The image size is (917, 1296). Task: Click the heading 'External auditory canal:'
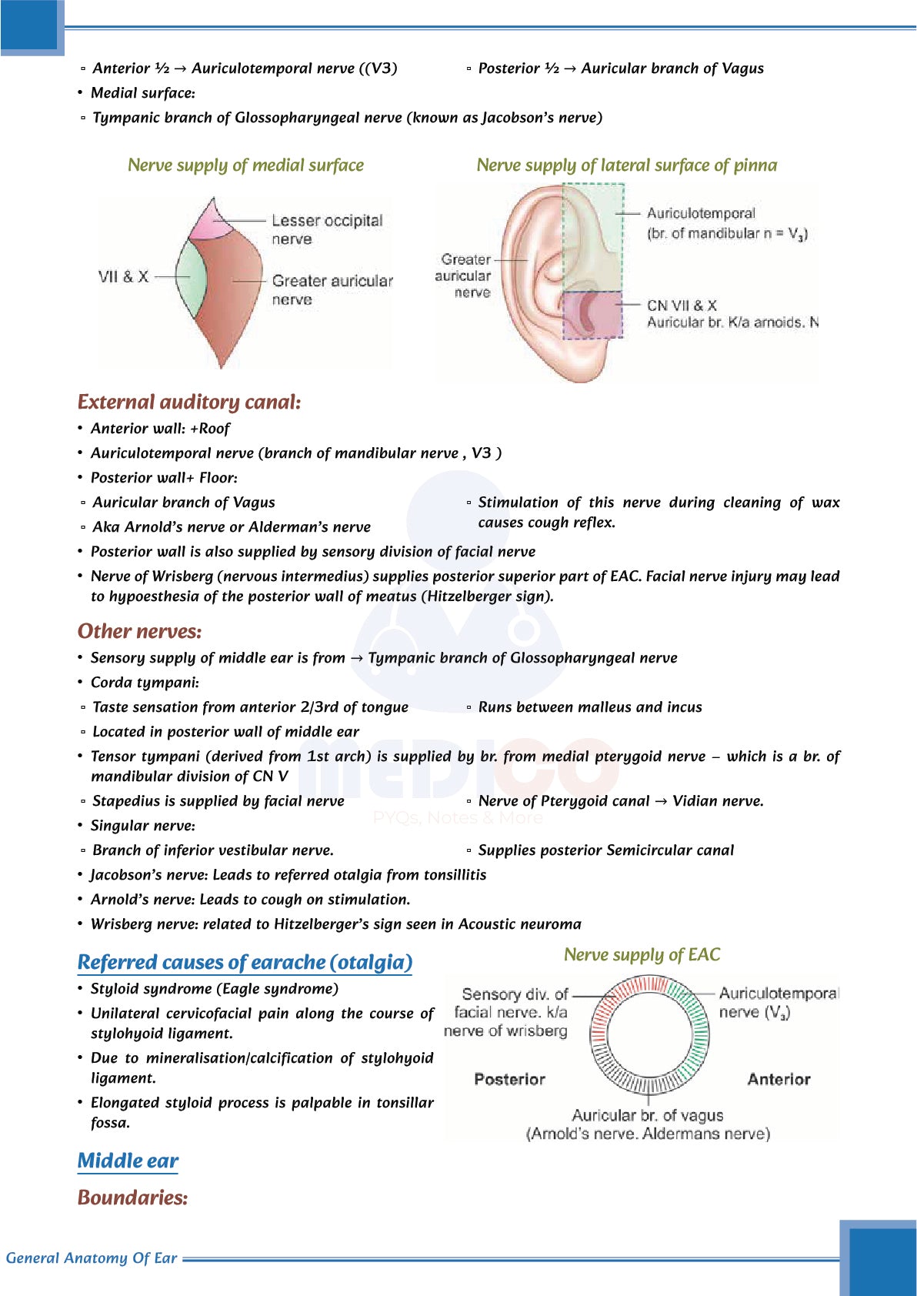click(x=189, y=402)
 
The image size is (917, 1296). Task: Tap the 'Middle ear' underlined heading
click(x=128, y=1161)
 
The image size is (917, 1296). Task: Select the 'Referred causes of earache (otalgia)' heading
click(x=245, y=962)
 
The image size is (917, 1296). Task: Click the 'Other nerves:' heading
click(x=139, y=631)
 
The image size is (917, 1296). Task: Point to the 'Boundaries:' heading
click(x=132, y=1197)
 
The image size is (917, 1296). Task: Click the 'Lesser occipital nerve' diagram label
click(x=326, y=229)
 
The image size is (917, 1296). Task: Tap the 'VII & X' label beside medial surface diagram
click(x=123, y=276)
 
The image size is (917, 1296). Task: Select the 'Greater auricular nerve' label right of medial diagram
click(x=332, y=289)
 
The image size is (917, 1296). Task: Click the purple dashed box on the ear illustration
click(x=592, y=315)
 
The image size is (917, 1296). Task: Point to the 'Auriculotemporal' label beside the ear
click(x=701, y=213)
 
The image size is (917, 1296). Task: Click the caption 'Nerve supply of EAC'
click(x=642, y=954)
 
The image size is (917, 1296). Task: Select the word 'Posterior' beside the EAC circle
click(x=509, y=1079)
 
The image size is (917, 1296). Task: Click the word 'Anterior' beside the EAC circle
click(x=779, y=1079)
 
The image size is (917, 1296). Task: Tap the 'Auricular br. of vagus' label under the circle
click(x=647, y=1115)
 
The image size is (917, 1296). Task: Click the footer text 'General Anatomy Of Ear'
click(x=92, y=1258)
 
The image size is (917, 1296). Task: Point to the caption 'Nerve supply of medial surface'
click(x=245, y=165)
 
